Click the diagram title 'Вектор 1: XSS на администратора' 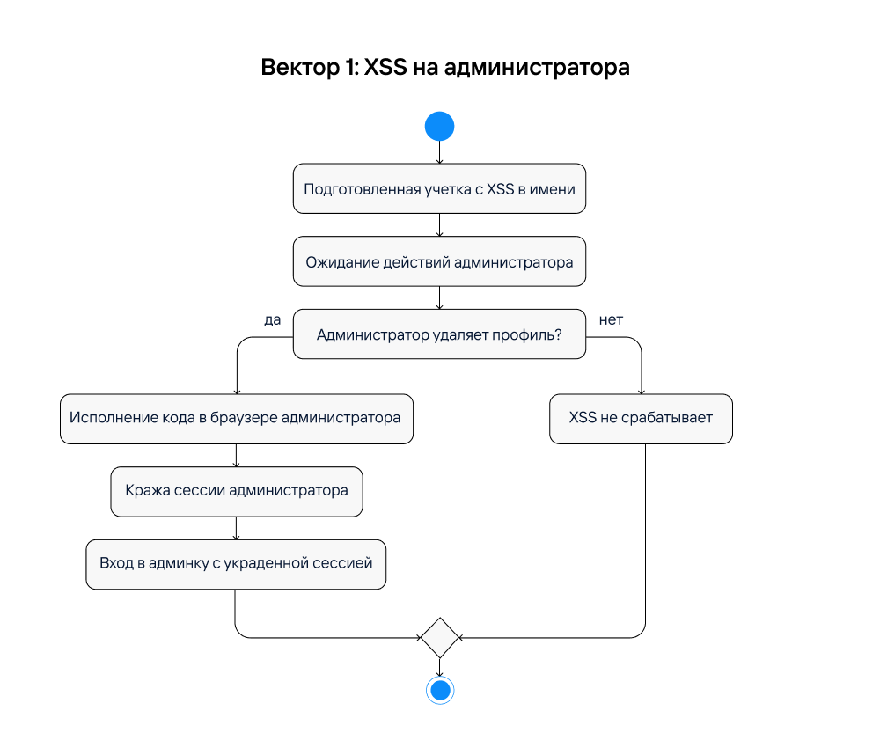pos(445,68)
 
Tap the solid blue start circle pos(439,126)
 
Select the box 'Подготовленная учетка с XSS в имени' pos(439,188)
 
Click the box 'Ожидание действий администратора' pos(439,261)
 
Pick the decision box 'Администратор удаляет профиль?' pos(439,334)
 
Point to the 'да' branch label pos(273,320)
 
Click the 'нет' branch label pos(611,320)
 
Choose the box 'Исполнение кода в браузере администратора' pos(236,418)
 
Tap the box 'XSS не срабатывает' pos(641,418)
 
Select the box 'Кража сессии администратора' pos(236,491)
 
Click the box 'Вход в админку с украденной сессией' pos(236,564)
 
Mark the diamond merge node pos(439,637)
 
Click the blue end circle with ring pos(439,690)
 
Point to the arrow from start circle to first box pos(439,152)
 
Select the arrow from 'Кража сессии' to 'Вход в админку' pos(236,528)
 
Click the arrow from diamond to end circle pos(439,667)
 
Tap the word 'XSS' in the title pos(385,68)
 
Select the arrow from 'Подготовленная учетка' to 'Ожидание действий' pos(439,225)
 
